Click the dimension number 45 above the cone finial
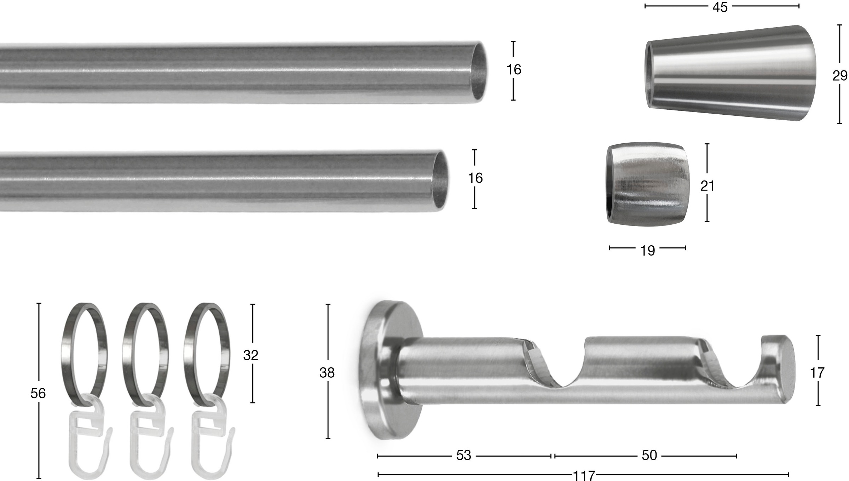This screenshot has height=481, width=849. tap(720, 7)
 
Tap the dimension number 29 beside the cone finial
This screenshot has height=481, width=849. tap(839, 76)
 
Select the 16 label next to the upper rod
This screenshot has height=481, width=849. tap(513, 70)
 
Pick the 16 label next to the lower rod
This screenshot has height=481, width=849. tap(475, 178)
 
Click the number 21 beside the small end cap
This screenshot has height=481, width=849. tap(707, 186)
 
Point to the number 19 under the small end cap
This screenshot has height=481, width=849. tap(647, 251)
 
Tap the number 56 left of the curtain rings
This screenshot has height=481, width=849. tap(38, 394)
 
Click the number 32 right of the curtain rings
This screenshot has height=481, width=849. tap(250, 355)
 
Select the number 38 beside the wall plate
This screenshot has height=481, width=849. tap(327, 373)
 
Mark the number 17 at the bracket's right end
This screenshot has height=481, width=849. tap(817, 373)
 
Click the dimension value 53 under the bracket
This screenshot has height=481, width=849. tap(463, 456)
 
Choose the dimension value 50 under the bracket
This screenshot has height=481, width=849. tap(649, 456)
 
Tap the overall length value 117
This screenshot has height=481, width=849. tap(584, 476)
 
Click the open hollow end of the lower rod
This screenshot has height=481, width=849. tap(440, 181)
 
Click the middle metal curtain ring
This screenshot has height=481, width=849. tap(145, 354)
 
